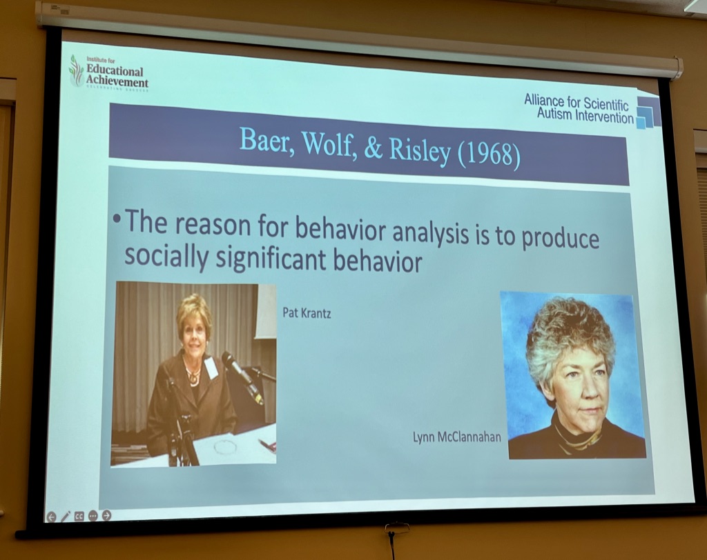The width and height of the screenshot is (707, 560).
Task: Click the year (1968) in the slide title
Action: point(489,153)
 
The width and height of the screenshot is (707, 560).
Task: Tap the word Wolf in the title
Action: point(326,143)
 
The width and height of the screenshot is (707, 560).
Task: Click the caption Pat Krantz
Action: point(307,312)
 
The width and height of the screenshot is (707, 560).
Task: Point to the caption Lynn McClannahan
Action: point(457,437)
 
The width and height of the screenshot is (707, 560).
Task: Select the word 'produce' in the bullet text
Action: point(560,239)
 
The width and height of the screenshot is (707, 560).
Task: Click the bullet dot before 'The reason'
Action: point(117,219)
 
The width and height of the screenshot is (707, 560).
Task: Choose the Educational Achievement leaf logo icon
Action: point(76,71)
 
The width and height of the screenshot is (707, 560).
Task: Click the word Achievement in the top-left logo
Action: point(117,81)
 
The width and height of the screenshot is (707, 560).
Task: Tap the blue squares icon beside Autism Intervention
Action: point(648,112)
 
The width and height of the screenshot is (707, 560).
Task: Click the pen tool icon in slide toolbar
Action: point(66,517)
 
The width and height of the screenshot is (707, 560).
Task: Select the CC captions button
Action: point(79,516)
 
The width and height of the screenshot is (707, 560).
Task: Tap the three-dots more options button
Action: point(93,515)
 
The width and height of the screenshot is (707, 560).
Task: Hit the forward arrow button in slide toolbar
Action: point(107,515)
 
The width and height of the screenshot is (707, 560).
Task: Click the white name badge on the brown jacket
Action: point(211,367)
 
